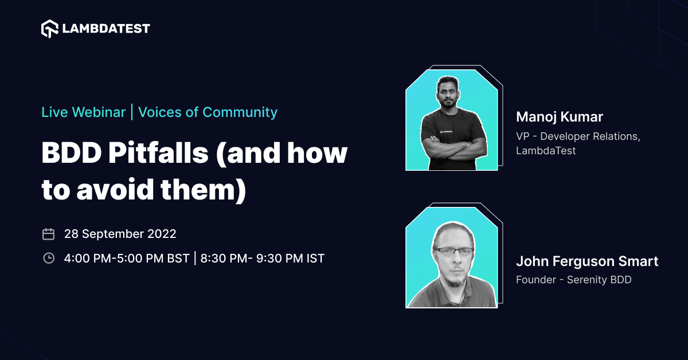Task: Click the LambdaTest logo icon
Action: click(x=50, y=29)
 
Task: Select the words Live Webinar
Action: click(x=83, y=112)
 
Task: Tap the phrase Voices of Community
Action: click(x=208, y=112)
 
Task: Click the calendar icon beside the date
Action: click(x=49, y=234)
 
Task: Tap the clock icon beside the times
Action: click(x=49, y=259)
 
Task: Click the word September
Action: click(x=112, y=234)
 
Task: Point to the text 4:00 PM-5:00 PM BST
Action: click(x=126, y=259)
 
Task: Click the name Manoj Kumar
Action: click(x=560, y=117)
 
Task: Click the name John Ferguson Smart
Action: click(x=587, y=261)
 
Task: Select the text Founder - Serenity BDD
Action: click(x=573, y=280)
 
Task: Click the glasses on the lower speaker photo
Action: click(x=453, y=251)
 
